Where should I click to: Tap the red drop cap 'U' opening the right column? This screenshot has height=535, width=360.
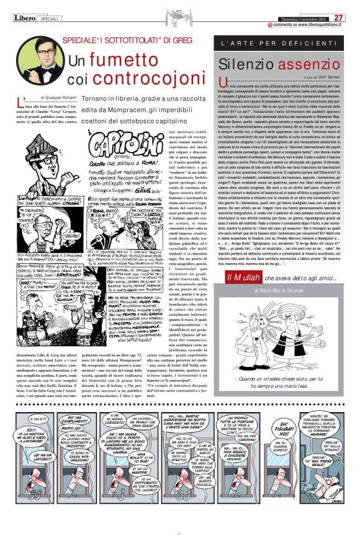tap(223, 84)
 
